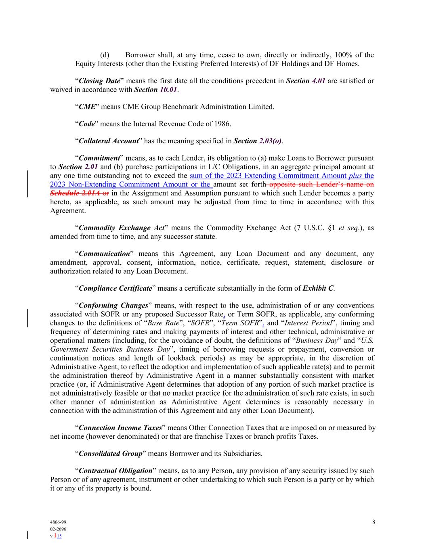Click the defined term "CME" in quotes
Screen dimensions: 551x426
tap(87, 107)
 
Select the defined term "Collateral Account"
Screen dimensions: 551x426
tap(109, 141)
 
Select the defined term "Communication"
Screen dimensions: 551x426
tap(104, 254)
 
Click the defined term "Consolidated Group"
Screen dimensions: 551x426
tap(111, 453)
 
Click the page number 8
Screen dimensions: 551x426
tap(374, 522)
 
